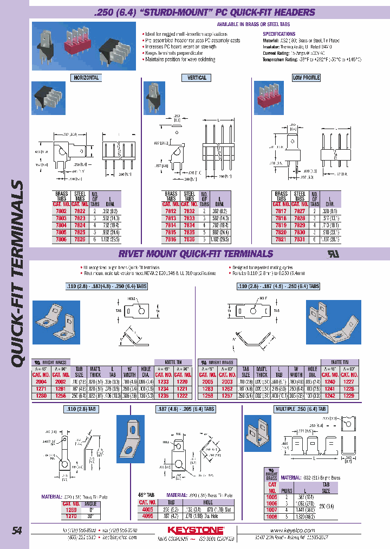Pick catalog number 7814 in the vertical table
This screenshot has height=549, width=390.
tap(171, 224)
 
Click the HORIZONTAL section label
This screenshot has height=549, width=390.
tap(86, 78)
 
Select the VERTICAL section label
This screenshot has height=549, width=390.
tap(197, 78)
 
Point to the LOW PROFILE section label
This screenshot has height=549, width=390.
tap(305, 78)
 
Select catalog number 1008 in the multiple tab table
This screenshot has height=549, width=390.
tap(271, 517)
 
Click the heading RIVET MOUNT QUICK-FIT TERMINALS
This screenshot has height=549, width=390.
tap(196, 253)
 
